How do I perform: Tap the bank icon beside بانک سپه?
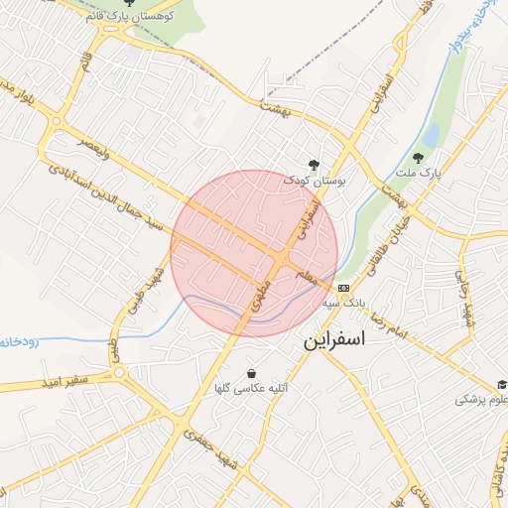click(x=343, y=288)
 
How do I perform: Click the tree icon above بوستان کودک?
click(x=315, y=166)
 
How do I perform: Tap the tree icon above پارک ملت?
click(x=420, y=159)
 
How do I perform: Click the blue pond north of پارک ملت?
click(x=432, y=133)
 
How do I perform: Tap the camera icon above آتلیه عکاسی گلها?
click(x=250, y=374)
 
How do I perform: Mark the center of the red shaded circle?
click(x=255, y=253)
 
